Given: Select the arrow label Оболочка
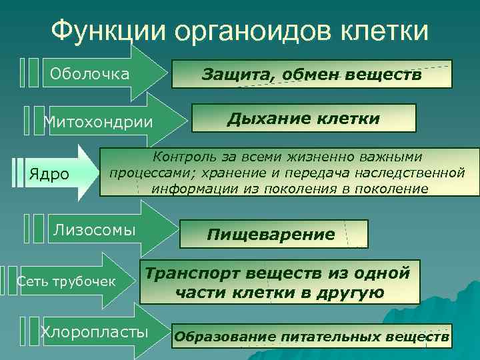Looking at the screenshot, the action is click(87, 73).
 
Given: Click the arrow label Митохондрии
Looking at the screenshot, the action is click(97, 123).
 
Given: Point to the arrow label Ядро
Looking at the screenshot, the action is click(49, 175).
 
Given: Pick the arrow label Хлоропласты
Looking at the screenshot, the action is click(95, 331).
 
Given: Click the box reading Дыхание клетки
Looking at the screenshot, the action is click(303, 119).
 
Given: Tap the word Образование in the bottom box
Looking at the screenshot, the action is click(224, 337).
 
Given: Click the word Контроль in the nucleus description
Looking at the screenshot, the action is click(183, 157).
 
